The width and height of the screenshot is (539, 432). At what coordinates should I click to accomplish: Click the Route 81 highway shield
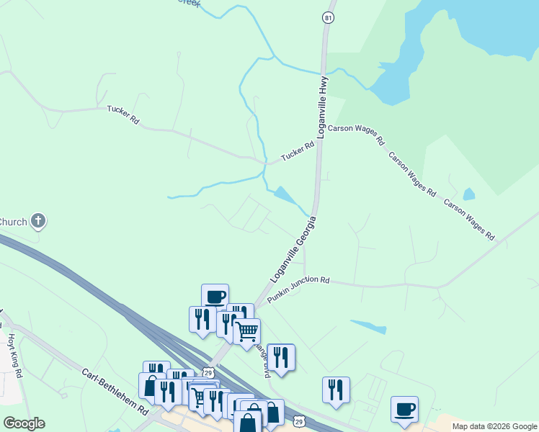tap(329, 17)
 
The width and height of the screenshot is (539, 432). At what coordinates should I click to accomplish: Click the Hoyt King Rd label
tap(15, 355)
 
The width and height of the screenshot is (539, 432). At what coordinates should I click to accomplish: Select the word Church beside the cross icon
tap(12, 221)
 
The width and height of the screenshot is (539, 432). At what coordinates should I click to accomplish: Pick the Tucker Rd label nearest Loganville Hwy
tap(298, 150)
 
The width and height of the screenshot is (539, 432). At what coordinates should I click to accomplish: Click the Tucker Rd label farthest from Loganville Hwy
tap(122, 115)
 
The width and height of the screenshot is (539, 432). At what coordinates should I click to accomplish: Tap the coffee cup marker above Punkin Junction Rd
tap(215, 296)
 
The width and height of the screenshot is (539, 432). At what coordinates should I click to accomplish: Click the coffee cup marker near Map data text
tap(404, 408)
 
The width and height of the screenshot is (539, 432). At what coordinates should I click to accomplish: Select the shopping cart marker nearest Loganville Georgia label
tap(246, 330)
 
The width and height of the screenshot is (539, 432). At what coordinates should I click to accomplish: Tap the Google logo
tap(24, 423)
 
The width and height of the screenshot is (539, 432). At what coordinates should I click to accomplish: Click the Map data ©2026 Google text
tap(494, 426)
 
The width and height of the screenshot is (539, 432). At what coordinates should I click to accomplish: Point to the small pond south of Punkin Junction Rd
tap(368, 326)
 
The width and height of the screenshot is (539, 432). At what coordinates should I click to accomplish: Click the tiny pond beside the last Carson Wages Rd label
tap(469, 194)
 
